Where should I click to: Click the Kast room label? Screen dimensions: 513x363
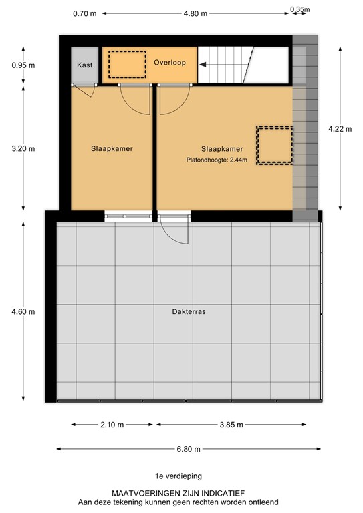(85, 65)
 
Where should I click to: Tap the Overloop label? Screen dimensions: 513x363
(169, 63)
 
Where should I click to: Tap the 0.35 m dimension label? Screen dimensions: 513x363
(300, 9)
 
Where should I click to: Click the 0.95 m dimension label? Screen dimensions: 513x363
(23, 65)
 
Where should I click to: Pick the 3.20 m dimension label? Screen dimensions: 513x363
(23, 149)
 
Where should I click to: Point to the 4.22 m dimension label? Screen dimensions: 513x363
(340, 130)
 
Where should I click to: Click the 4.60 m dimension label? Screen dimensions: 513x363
(23, 311)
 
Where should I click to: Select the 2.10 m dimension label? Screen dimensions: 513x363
(112, 425)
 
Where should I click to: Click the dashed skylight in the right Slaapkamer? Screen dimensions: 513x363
(275, 145)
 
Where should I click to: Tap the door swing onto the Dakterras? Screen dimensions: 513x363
(170, 232)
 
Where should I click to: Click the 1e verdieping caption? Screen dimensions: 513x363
(178, 476)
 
